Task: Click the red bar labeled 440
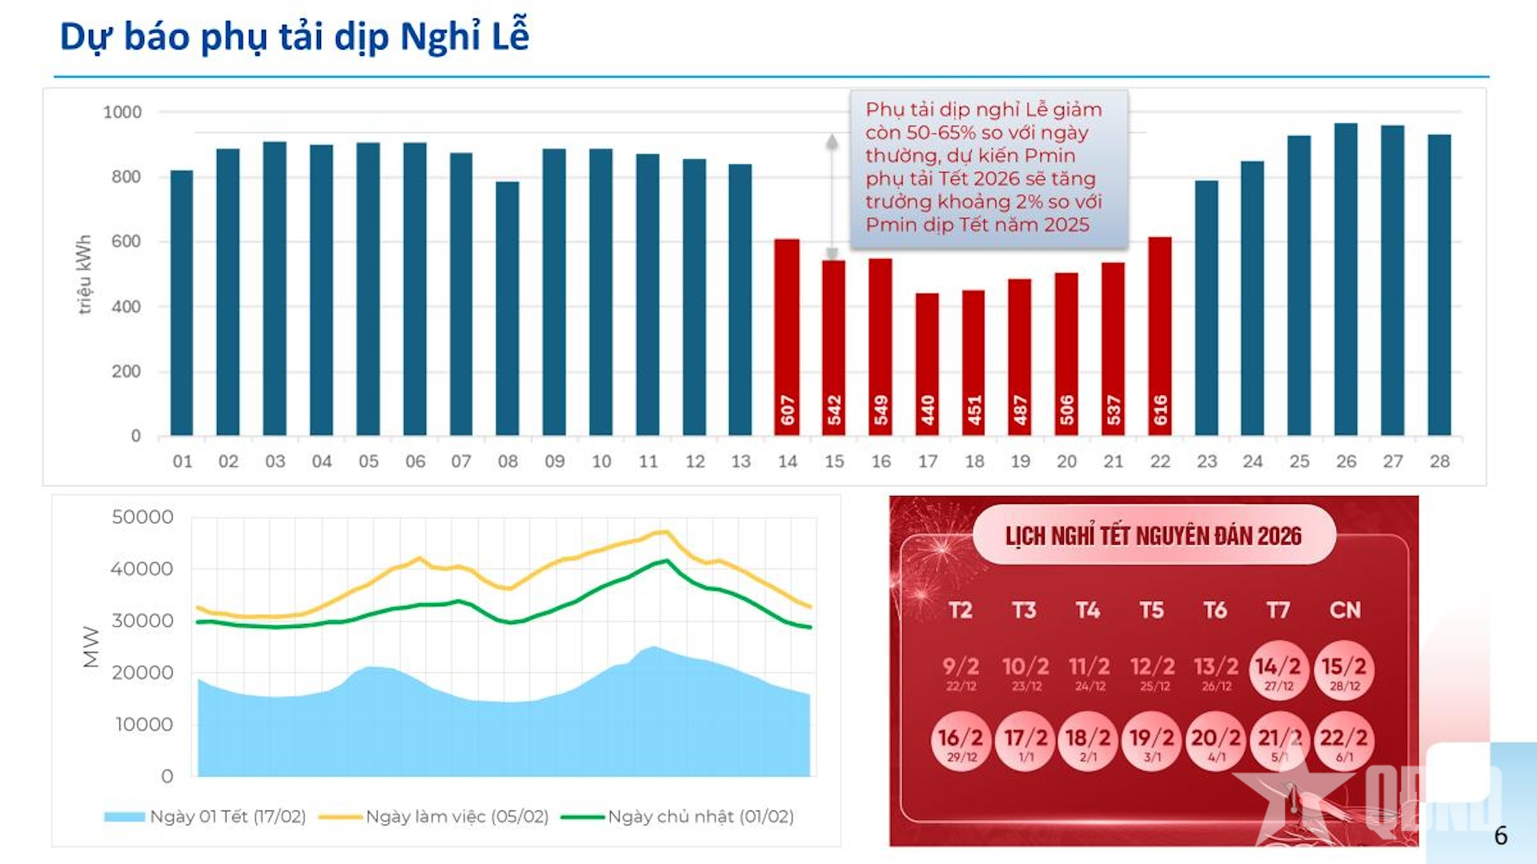[927, 364]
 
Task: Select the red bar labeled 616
[1160, 336]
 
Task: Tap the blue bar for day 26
[1346, 280]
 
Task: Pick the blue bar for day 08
[508, 309]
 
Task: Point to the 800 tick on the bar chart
[126, 177]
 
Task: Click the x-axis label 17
[927, 462]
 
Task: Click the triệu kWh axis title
[84, 274]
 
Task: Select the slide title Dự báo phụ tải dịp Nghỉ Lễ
[295, 37]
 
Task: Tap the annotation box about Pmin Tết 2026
[989, 168]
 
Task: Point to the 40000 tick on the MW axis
[142, 569]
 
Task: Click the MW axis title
[90, 646]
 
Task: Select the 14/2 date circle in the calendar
[1278, 671]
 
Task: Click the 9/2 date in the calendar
[961, 671]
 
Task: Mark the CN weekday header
[1345, 610]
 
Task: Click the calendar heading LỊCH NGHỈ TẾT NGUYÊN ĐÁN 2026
[1154, 535]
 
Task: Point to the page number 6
[1500, 835]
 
